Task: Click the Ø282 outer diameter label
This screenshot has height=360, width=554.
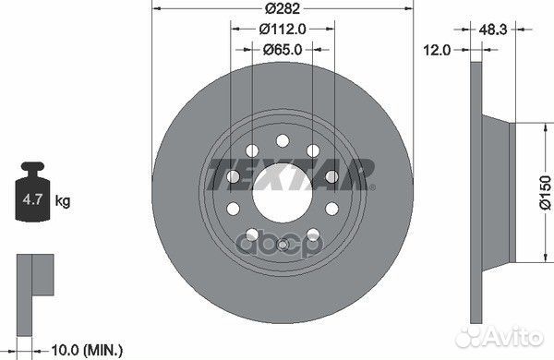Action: coord(283,8)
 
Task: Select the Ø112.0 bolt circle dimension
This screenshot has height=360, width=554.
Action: coord(283,30)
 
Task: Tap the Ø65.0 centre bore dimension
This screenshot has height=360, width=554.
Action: coord(283,50)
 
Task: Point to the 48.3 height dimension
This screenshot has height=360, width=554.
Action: coord(493,30)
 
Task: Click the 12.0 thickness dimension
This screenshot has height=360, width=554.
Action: coord(437,50)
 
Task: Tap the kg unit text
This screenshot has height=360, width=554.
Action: coord(63,201)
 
